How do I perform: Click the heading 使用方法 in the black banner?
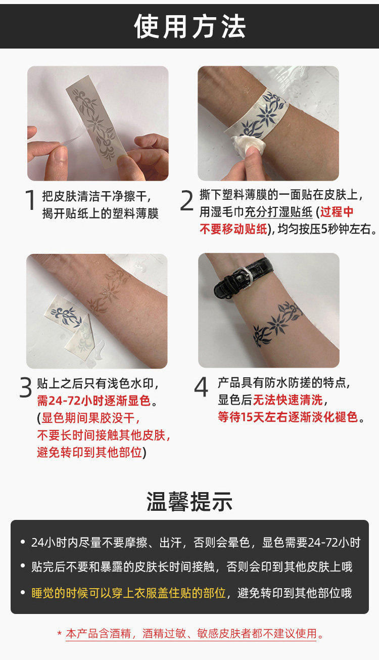pyautogui.click(x=189, y=26)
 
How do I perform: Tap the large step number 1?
pyautogui.click(x=30, y=200)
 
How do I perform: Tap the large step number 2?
pyautogui.click(x=186, y=200)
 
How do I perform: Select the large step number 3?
pyautogui.click(x=26, y=387)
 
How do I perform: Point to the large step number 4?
pyautogui.click(x=201, y=386)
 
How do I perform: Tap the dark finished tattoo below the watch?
pyautogui.click(x=277, y=324)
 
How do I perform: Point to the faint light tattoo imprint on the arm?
pyautogui.click(x=108, y=292)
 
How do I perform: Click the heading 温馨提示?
pyautogui.click(x=189, y=501)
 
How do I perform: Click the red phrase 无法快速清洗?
pyautogui.click(x=288, y=400)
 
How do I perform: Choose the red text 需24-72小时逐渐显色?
pyautogui.click(x=94, y=401)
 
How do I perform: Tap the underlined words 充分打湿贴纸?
pyautogui.click(x=278, y=212)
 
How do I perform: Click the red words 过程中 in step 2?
pyautogui.click(x=337, y=212)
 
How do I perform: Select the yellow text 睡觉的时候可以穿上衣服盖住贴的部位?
pyautogui.click(x=129, y=593)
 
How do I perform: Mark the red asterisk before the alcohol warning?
pyautogui.click(x=60, y=633)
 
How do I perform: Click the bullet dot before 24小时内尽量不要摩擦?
pyautogui.click(x=23, y=542)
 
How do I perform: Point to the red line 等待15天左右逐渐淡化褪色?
pyautogui.click(x=288, y=417)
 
